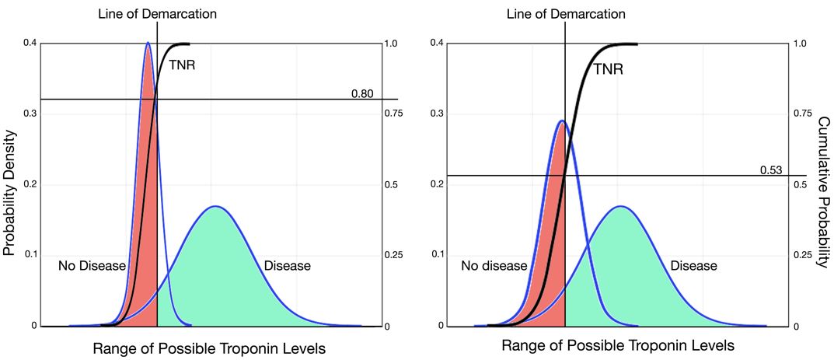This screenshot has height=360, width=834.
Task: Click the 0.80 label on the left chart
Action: pos(362,94)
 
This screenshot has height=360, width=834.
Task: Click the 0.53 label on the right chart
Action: pos(770,170)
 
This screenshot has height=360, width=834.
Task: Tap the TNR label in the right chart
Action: pos(609,69)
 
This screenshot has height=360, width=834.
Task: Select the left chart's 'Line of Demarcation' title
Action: pos(158,13)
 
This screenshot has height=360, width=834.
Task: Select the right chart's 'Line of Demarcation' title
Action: pos(565,13)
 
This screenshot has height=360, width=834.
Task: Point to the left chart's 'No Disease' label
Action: pos(92,266)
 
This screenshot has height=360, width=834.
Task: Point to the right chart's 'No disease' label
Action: pos(494,266)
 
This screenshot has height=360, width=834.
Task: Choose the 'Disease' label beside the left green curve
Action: pos(288,266)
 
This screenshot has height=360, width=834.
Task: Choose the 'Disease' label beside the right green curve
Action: pos(694,266)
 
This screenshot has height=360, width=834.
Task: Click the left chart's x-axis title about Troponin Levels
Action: pos(209,349)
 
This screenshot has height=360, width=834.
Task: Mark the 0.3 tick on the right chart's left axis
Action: pos(437,114)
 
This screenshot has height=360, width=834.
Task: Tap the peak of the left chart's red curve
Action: pos(148,43)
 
